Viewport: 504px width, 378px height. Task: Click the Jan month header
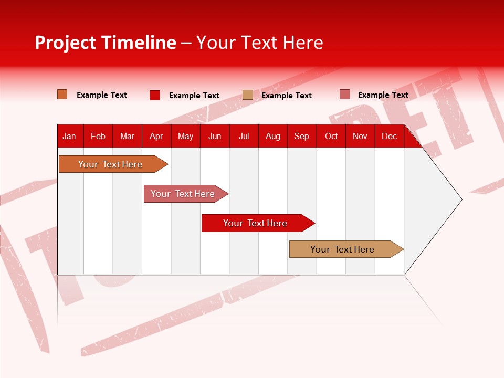69,136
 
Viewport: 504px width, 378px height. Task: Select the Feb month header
98,136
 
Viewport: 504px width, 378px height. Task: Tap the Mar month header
127,136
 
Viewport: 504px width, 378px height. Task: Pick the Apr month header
156,136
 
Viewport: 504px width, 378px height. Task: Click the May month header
185,136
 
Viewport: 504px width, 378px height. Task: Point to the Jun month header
215,136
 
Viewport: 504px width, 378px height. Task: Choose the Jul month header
244,136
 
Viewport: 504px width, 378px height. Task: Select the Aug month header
273,136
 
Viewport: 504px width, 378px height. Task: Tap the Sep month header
302,136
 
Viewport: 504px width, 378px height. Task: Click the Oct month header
331,136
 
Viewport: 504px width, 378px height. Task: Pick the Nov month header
360,136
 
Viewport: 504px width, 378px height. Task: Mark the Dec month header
390,136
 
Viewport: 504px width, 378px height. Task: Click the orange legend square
62,94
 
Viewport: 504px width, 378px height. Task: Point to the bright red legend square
155,95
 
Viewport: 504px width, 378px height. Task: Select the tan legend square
248,95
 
